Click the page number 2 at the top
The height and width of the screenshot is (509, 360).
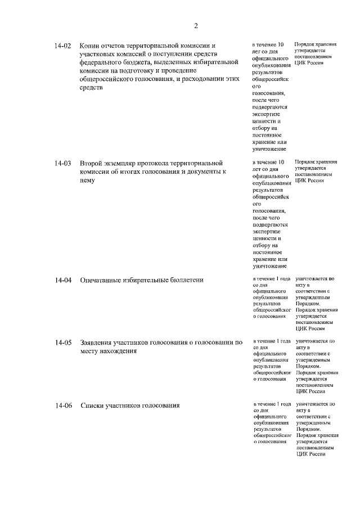coord(196,25)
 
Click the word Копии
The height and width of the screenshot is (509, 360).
coord(90,46)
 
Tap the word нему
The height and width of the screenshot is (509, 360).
coord(88,181)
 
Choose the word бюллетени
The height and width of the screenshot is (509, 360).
coord(186,280)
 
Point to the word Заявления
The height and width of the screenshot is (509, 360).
coord(98,342)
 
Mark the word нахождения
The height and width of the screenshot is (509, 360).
coord(116,350)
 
